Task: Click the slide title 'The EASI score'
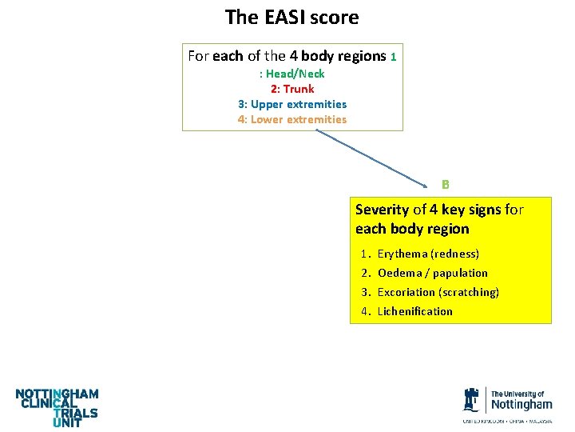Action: coord(291,17)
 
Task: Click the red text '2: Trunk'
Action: coord(292,89)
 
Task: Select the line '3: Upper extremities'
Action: coord(292,104)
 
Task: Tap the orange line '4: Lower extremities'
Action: coord(292,119)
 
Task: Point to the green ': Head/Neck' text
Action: coord(292,74)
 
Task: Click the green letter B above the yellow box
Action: coord(446,184)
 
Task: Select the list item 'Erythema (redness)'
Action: coord(428,254)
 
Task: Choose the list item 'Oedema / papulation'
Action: coord(432,273)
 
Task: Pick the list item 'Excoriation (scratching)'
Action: coord(438,292)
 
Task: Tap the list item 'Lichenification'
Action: coord(414,311)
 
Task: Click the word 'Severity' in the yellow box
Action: coord(382,210)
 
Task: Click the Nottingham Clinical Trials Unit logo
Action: coord(57,407)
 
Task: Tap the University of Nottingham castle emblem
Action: coord(473,399)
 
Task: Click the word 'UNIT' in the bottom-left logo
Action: coord(67,423)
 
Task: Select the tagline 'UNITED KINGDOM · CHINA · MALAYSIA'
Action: coord(507,420)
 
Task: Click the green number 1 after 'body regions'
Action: coord(394,57)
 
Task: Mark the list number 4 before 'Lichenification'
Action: coord(364,311)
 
